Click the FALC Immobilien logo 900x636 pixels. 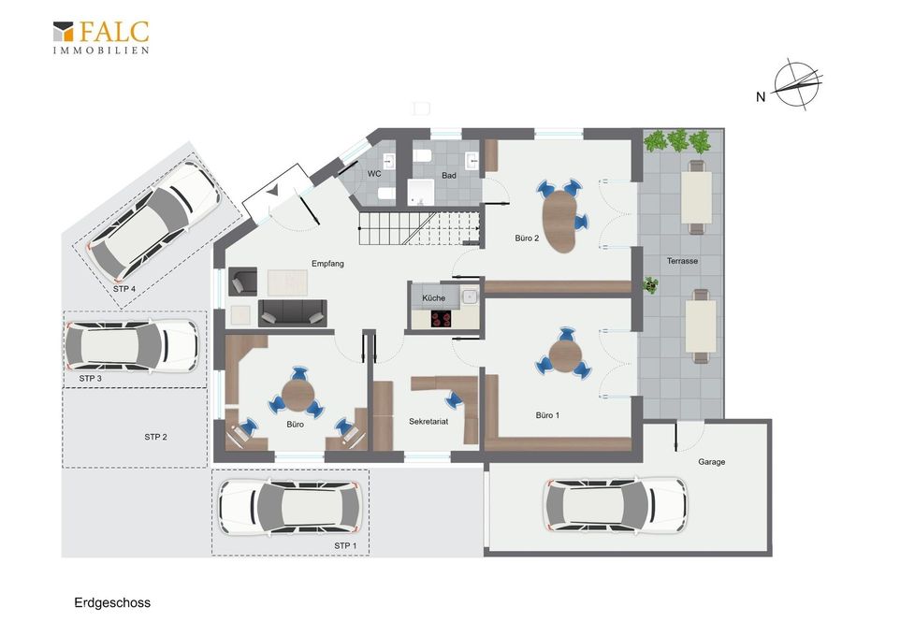point(101,37)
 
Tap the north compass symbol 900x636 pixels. point(796,84)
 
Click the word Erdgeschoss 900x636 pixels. point(112,602)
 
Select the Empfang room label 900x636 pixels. point(327,264)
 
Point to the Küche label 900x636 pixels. point(433,298)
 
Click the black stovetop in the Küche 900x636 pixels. point(442,319)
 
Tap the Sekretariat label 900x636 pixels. point(428,421)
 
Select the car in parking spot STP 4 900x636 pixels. point(153,219)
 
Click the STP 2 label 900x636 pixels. point(155,437)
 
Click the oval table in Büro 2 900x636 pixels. point(559,221)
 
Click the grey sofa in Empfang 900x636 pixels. point(292,313)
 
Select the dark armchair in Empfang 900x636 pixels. point(243,282)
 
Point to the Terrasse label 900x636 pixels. point(682,261)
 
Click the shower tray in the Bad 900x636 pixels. point(421,192)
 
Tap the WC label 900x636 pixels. point(374,174)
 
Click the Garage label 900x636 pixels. point(712,461)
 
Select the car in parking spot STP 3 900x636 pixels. point(131,346)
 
